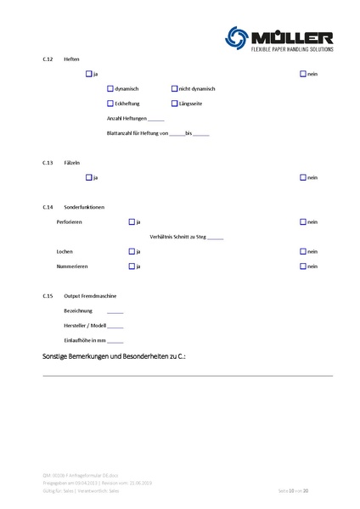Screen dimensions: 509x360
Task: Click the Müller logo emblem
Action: pos(239,36)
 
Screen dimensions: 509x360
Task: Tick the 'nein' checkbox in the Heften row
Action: pos(303,75)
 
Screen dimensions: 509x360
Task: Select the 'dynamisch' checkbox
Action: pos(110,89)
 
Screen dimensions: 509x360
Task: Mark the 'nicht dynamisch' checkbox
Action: pos(174,89)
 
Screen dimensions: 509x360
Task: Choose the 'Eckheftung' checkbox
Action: pos(110,103)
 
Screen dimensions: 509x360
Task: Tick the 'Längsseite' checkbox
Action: pos(174,103)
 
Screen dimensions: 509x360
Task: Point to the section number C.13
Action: pos(48,162)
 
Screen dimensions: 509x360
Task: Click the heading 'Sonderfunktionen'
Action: pos(84,207)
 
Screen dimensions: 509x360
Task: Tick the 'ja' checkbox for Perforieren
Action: pos(132,221)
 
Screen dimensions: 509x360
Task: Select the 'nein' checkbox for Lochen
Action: pos(303,251)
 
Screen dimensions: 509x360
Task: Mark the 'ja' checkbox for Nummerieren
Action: pos(132,266)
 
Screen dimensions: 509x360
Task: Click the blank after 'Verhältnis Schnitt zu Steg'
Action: pos(214,238)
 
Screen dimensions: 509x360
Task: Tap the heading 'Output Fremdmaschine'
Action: pos(90,296)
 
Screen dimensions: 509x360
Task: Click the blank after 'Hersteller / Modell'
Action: pos(115,327)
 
